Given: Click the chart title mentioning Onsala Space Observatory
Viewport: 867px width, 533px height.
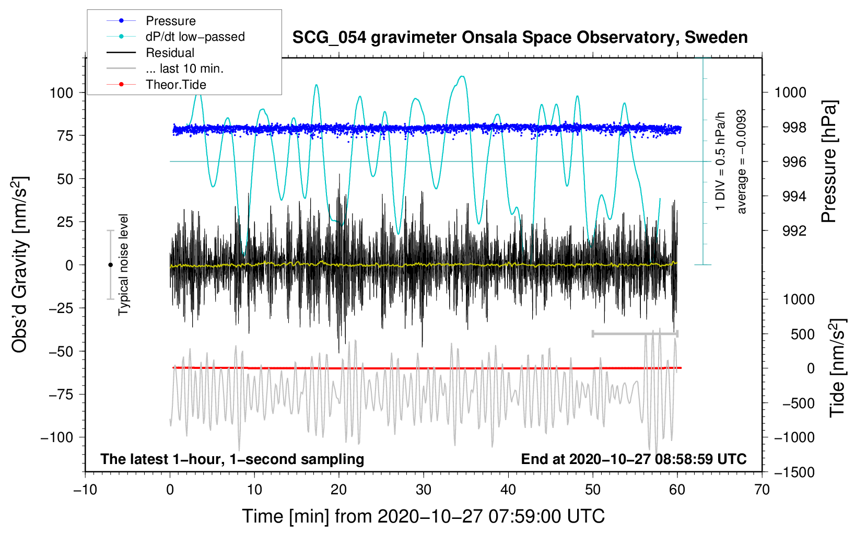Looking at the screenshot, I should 520,38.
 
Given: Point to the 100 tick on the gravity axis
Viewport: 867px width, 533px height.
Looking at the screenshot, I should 61,93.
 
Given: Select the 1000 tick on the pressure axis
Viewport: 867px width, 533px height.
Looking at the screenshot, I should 790,93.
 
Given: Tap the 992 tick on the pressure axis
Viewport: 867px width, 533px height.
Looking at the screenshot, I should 794,231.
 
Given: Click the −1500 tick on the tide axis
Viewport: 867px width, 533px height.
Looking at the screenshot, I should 794,472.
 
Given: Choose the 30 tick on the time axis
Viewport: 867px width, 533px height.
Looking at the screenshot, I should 424,490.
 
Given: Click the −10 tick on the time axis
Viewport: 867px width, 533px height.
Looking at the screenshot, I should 85,490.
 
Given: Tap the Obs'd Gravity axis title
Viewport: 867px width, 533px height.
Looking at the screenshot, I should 20,265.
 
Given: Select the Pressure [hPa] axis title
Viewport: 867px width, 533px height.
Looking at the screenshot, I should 829,162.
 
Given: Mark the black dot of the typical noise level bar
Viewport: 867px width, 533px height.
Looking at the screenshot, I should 110,265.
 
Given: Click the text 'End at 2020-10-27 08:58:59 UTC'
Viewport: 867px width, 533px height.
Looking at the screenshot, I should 634,459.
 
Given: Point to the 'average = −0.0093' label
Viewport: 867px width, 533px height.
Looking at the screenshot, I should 742,162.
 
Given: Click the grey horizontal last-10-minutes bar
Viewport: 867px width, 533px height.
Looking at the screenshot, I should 635,334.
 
